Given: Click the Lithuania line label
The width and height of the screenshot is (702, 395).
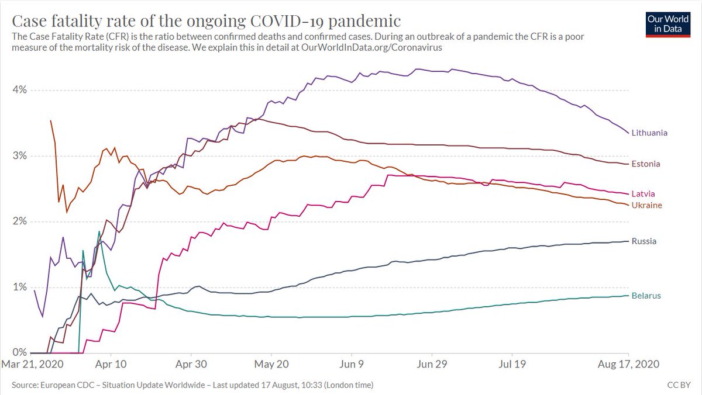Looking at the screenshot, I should (649, 133).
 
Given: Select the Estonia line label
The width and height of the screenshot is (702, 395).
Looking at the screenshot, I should (646, 164).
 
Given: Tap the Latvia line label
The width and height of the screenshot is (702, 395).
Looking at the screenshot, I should (643, 193).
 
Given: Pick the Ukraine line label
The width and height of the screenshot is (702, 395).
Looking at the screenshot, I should (646, 205).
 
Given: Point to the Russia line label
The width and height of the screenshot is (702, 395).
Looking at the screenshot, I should (644, 241).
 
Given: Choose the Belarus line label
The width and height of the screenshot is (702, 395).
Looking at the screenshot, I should (646, 296).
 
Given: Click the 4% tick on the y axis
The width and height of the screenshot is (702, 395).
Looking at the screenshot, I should (20, 90).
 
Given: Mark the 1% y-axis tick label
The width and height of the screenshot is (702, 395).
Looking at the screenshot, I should (20, 287).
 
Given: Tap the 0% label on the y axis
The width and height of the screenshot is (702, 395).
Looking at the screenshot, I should (20, 352).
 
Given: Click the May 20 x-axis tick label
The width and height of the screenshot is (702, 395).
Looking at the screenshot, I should (271, 363).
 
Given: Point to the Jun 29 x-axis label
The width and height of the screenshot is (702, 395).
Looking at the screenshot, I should (432, 363).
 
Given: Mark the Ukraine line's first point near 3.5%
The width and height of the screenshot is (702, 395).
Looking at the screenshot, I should (51, 121).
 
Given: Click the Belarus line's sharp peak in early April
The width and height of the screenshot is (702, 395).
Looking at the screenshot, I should (99, 232).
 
